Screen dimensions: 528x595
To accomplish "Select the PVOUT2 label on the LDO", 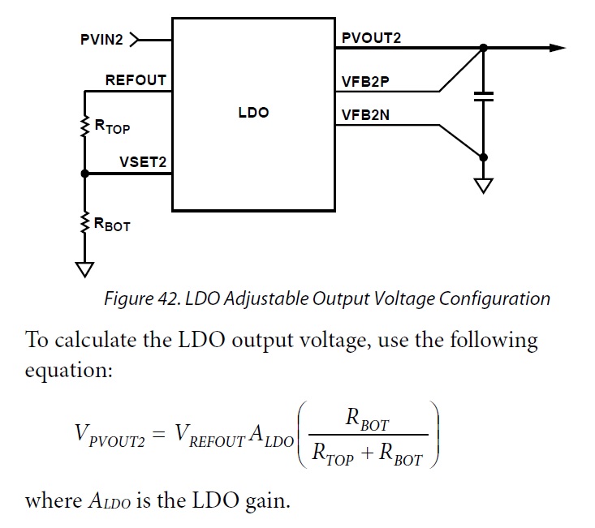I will (371, 37).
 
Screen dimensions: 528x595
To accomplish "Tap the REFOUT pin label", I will (136, 80).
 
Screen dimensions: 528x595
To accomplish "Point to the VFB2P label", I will (366, 80).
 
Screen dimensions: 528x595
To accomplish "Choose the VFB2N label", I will (365, 115).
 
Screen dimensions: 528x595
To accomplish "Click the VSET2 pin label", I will (142, 162).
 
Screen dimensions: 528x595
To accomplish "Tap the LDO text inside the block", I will (253, 113).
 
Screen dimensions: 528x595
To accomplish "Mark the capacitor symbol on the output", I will (484, 97).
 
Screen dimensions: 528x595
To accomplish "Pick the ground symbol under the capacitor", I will (484, 186).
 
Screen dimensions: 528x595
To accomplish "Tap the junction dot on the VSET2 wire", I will (85, 174).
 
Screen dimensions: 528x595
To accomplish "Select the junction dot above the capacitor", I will (484, 48).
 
